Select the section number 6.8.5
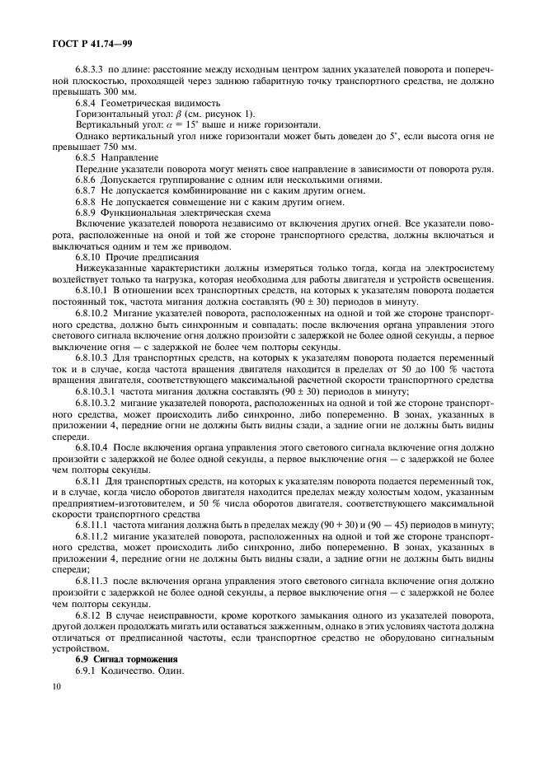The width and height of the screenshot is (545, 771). pyautogui.click(x=87, y=157)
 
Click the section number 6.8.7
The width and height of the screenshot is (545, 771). pyautogui.click(x=87, y=190)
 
